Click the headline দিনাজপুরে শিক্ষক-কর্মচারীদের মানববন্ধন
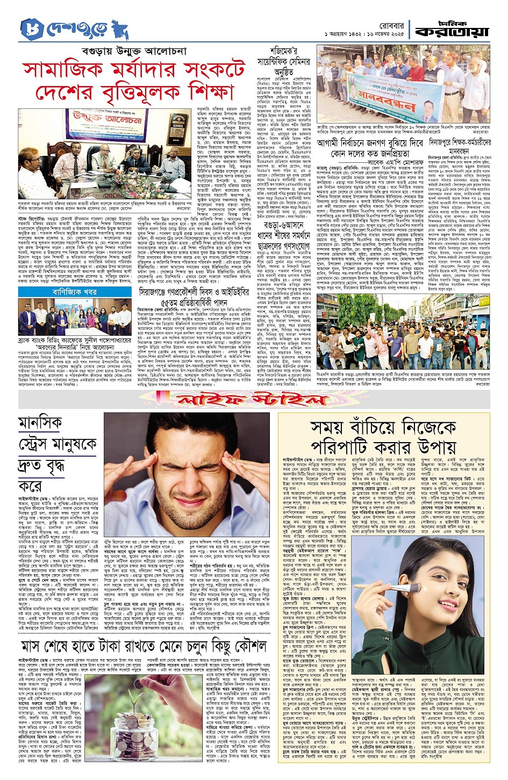(460, 147)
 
